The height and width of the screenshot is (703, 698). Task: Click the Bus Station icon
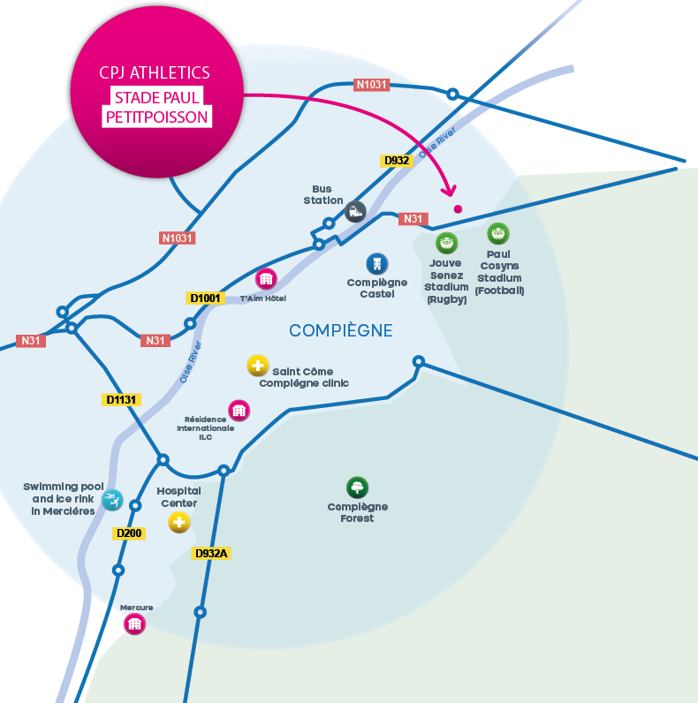pos(355,211)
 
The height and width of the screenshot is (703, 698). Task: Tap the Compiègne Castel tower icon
pos(377,262)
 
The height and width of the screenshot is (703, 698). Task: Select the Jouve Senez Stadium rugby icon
pos(447,243)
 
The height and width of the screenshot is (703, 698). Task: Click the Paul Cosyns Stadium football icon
pos(499,233)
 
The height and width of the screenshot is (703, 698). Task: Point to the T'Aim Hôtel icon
pos(266,279)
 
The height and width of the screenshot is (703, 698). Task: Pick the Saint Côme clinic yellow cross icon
pos(257,365)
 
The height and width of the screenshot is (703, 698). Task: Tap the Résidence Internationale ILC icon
pos(239,410)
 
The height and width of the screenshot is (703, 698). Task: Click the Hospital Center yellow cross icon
pos(179,523)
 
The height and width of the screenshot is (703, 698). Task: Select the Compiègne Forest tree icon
pos(357,488)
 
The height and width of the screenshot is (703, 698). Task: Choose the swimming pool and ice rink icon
pos(112,501)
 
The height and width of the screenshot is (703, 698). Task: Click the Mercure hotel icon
pos(134,624)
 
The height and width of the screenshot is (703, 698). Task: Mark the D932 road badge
pos(396,161)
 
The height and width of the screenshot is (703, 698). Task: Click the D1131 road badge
pos(121,400)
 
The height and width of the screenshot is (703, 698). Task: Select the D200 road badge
pos(129,533)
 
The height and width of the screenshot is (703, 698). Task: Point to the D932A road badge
pos(211,554)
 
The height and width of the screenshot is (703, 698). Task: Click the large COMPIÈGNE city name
pos(341,330)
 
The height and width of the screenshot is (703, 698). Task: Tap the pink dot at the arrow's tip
pos(458,209)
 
